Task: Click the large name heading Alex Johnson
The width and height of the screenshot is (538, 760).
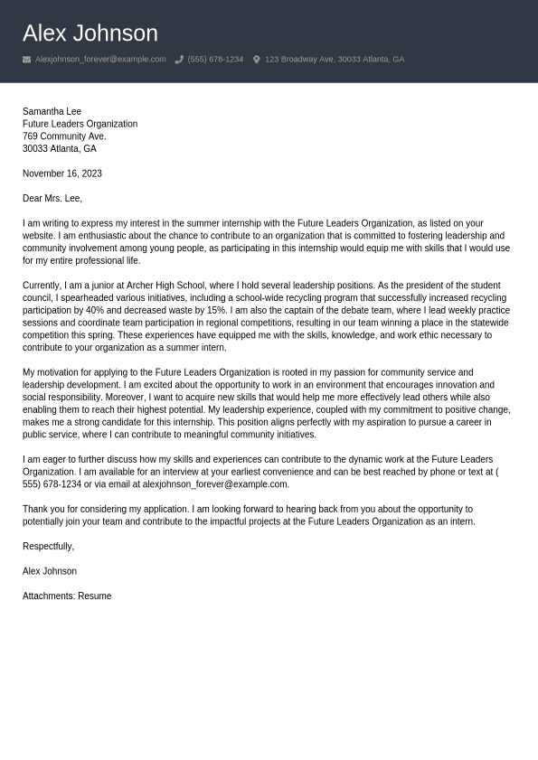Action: click(x=90, y=33)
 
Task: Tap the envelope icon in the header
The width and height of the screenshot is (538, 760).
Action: click(x=26, y=60)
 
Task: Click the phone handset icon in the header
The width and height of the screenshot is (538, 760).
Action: click(x=179, y=60)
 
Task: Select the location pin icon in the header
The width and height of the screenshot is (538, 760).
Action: click(x=256, y=60)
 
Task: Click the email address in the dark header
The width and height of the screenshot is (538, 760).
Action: click(x=100, y=60)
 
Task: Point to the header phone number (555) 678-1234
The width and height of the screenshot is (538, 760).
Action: click(x=215, y=60)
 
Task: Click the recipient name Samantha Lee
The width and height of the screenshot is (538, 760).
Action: click(x=52, y=111)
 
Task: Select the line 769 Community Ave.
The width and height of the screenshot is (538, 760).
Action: click(x=64, y=136)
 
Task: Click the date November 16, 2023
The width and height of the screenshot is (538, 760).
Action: click(x=62, y=174)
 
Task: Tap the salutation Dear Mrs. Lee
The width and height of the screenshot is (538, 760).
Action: click(x=52, y=198)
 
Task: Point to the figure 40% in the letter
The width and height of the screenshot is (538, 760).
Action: click(x=95, y=310)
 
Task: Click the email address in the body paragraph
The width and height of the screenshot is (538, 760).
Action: click(x=215, y=484)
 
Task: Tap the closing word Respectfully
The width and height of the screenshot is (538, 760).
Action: click(x=48, y=546)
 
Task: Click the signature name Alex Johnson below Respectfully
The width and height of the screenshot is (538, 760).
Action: click(x=50, y=571)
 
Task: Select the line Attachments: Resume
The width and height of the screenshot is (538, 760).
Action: click(x=67, y=596)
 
